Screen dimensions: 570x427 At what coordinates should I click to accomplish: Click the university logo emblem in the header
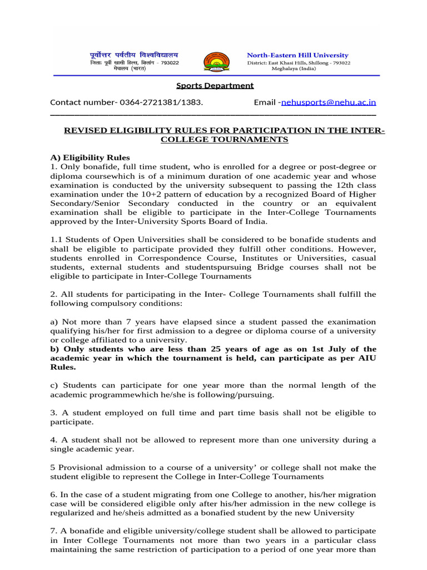216,61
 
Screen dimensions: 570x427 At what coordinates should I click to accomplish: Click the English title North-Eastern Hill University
297,55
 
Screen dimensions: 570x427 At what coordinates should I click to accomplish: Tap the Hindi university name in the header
134,55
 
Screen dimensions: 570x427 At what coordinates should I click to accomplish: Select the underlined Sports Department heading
215,85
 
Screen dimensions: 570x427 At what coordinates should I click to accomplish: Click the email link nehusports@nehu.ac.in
329,102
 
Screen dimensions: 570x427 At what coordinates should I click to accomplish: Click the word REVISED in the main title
86,130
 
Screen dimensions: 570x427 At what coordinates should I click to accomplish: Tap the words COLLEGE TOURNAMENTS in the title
224,140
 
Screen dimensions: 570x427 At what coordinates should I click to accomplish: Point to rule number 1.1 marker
56,239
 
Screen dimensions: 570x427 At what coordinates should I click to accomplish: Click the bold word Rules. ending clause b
62,367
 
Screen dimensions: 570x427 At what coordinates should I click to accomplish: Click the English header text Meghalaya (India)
298,68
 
